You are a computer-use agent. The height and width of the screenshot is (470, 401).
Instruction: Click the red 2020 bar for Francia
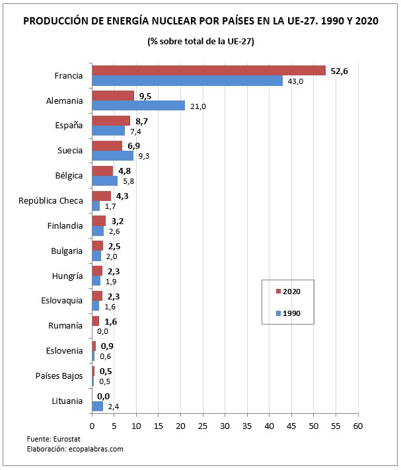click(x=208, y=71)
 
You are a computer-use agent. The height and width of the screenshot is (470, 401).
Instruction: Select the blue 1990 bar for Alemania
click(x=138, y=106)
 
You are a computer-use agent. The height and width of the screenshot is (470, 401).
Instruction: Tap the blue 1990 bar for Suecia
click(x=112, y=155)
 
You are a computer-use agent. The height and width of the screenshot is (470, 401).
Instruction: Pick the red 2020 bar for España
click(x=111, y=120)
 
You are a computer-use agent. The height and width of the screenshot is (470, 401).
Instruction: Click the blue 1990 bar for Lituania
click(x=97, y=406)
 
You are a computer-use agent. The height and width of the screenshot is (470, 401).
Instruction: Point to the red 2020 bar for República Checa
click(x=101, y=196)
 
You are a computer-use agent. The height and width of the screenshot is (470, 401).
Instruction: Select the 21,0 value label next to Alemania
click(x=198, y=106)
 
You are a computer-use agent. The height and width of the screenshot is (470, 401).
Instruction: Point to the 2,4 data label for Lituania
click(x=114, y=407)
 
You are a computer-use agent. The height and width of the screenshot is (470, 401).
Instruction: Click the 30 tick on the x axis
click(x=225, y=426)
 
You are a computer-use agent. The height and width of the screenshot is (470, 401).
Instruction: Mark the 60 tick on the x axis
click(x=357, y=426)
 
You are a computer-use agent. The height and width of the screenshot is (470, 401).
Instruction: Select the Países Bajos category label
click(x=59, y=375)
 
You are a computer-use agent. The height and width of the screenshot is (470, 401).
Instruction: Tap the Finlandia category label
click(x=64, y=225)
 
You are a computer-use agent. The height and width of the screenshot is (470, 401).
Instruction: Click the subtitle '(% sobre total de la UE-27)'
click(x=201, y=42)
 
